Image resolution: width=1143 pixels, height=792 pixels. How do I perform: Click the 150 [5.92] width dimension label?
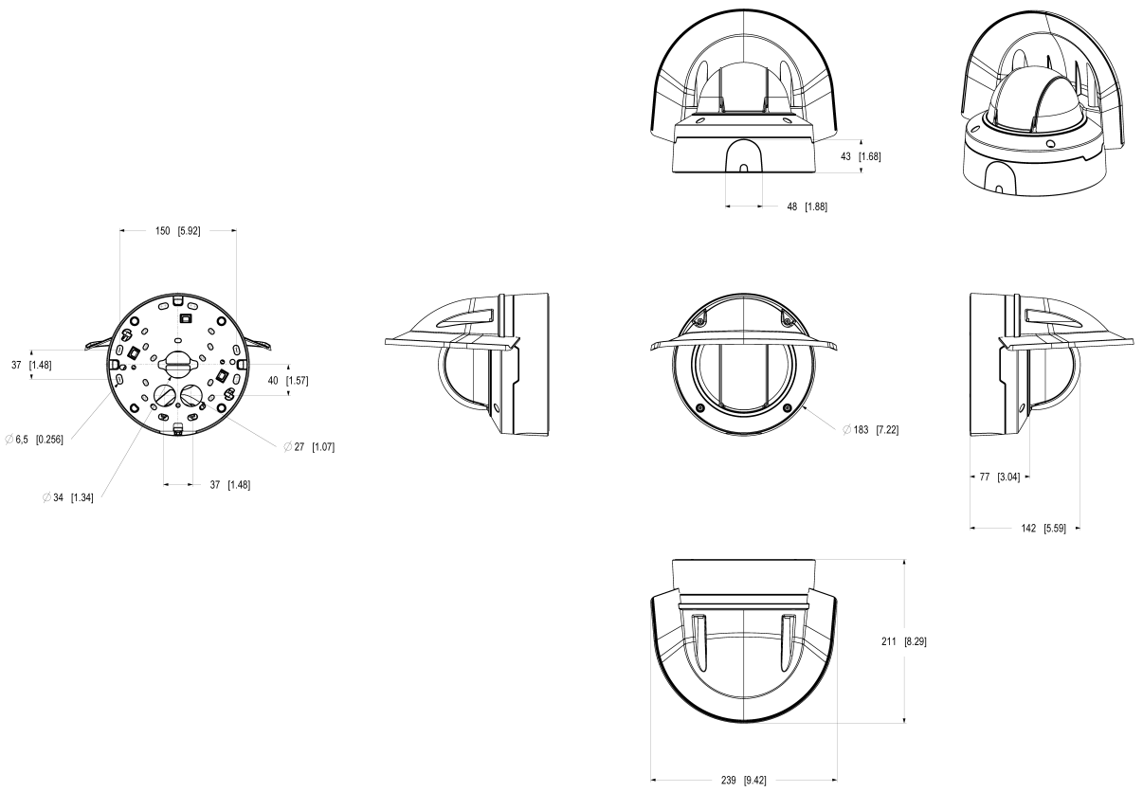click(x=177, y=230)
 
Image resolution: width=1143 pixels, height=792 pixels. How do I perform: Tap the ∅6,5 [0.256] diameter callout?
click(x=34, y=440)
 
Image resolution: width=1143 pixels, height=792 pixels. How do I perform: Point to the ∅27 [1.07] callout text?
click(x=309, y=446)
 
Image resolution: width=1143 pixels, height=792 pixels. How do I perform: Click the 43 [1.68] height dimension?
click(x=859, y=156)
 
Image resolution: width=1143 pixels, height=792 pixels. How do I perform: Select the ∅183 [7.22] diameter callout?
click(x=870, y=430)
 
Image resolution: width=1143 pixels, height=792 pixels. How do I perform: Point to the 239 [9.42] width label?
click(x=744, y=781)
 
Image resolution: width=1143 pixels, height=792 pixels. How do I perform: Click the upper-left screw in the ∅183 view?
click(x=698, y=322)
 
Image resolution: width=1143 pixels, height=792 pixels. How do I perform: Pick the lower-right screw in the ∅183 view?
click(x=788, y=406)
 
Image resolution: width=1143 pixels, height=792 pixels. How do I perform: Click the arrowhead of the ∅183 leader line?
click(x=804, y=409)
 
